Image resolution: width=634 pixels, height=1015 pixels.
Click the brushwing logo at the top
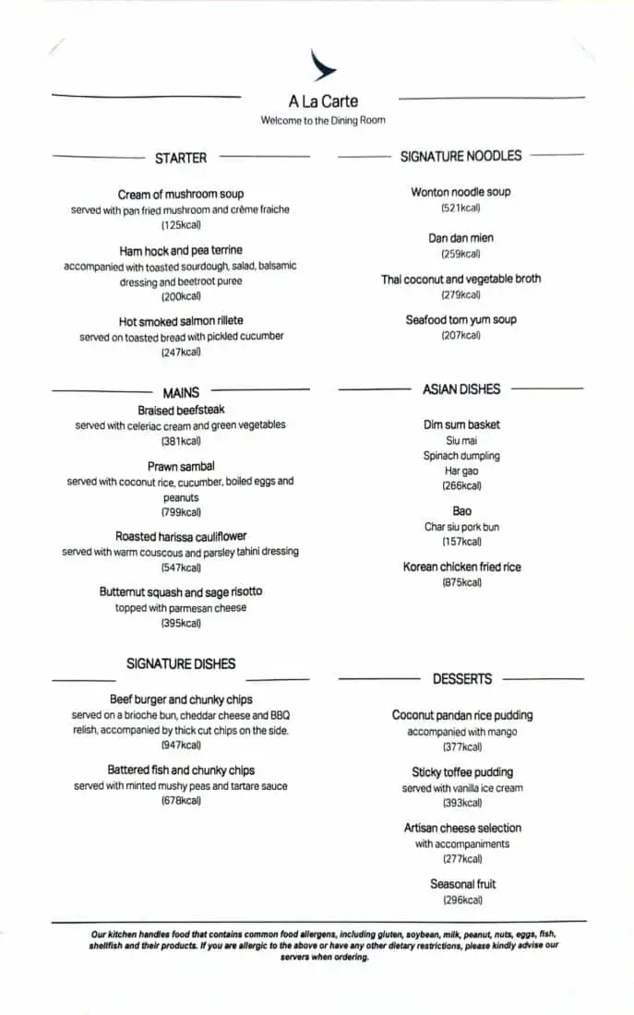[323, 66]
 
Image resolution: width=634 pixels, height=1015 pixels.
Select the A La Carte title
[323, 101]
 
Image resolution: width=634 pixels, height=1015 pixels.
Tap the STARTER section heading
[181, 158]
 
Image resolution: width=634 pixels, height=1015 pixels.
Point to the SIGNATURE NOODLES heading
[461, 156]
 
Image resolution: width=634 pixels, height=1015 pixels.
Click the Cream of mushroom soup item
[181, 194]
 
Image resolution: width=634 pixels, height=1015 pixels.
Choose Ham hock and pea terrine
[181, 250]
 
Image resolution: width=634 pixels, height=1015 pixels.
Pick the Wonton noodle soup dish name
[461, 192]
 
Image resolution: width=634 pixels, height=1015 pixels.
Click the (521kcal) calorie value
[461, 209]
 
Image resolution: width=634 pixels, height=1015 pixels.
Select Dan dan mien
[461, 238]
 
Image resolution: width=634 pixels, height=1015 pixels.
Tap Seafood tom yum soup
[461, 319]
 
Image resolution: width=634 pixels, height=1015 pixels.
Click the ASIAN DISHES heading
[461, 389]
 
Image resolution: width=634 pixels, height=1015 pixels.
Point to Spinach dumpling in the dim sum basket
[461, 456]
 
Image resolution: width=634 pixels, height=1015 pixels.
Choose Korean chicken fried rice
[461, 567]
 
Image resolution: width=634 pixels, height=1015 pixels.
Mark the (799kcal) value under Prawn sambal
[181, 512]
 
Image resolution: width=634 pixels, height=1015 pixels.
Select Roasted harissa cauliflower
[181, 536]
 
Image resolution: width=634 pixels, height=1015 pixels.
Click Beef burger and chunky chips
[181, 699]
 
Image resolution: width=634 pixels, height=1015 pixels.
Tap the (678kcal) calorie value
[181, 801]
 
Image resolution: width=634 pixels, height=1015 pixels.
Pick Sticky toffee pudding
[462, 772]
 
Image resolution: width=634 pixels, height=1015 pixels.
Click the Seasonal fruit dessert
[462, 884]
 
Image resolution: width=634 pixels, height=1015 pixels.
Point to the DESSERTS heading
[462, 679]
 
